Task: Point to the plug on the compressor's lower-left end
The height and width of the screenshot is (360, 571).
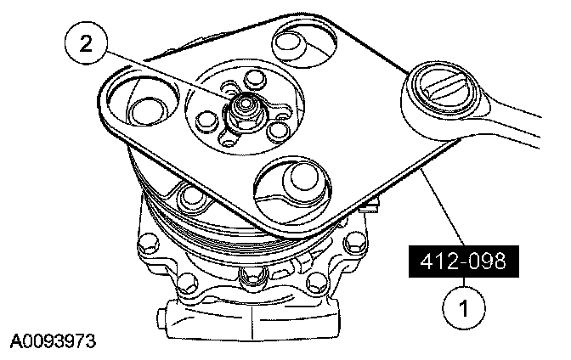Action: (165, 321)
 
